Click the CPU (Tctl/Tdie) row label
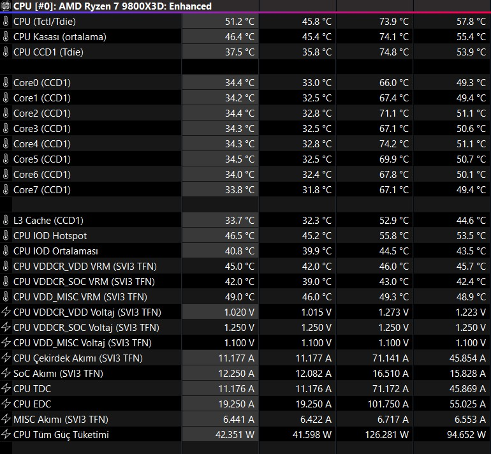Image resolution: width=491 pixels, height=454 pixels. (45, 22)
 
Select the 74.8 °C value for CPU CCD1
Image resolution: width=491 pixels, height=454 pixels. (394, 52)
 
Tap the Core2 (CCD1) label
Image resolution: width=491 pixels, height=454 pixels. (42, 113)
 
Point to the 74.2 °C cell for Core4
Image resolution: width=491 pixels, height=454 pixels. (394, 144)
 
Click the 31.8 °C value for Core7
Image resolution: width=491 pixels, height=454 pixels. (316, 190)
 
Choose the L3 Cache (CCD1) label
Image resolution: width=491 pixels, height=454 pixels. (48, 221)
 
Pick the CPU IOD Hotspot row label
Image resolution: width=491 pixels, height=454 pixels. (50, 236)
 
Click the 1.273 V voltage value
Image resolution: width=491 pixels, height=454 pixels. (393, 312)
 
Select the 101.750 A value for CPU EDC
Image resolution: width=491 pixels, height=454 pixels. (388, 404)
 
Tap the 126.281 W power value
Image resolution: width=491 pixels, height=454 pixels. (386, 435)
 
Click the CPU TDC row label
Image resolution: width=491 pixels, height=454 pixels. (33, 389)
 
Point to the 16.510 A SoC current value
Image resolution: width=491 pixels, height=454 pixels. (390, 374)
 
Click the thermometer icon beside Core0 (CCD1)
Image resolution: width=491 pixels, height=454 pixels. (6, 83)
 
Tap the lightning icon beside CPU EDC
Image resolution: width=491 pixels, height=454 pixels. (6, 404)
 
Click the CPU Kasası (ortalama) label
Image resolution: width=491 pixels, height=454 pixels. (60, 37)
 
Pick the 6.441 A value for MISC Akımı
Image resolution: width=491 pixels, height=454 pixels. (238, 420)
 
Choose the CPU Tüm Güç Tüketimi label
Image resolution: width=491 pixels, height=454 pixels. (61, 435)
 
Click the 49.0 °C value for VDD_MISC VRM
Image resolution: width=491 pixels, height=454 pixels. (240, 297)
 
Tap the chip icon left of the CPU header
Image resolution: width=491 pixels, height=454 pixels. (6, 6)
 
